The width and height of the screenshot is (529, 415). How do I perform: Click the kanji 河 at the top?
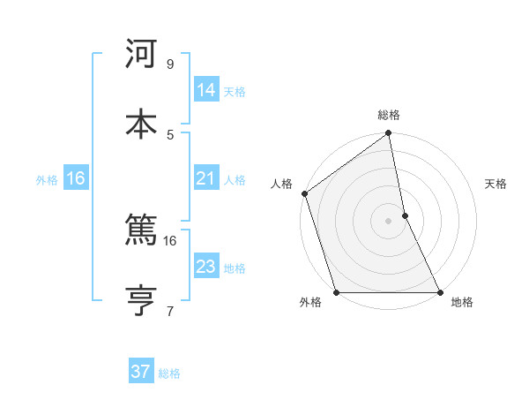tap(141, 55)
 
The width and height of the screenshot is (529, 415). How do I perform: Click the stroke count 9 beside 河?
tap(170, 64)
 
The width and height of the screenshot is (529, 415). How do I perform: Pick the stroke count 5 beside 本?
tap(170, 134)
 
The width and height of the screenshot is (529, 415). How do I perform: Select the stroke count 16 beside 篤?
tap(170, 240)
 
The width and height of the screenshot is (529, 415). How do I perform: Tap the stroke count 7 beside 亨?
tap(170, 311)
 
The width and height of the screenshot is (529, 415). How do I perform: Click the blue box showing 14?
tap(205, 90)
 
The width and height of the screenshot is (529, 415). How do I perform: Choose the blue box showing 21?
tap(205, 178)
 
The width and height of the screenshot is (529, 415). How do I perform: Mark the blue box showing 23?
tap(205, 267)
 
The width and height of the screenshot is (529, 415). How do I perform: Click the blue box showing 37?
tap(140, 372)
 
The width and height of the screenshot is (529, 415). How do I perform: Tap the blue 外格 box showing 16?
tap(76, 178)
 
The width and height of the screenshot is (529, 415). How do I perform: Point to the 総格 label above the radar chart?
tap(389, 115)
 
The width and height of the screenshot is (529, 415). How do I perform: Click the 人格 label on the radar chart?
tap(281, 184)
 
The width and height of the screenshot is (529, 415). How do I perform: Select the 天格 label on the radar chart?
tap(496, 184)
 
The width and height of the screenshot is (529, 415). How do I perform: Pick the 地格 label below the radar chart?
tap(462, 303)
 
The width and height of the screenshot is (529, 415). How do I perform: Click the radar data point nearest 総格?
tap(389, 134)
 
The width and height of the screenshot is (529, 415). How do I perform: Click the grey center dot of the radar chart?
tap(389, 221)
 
